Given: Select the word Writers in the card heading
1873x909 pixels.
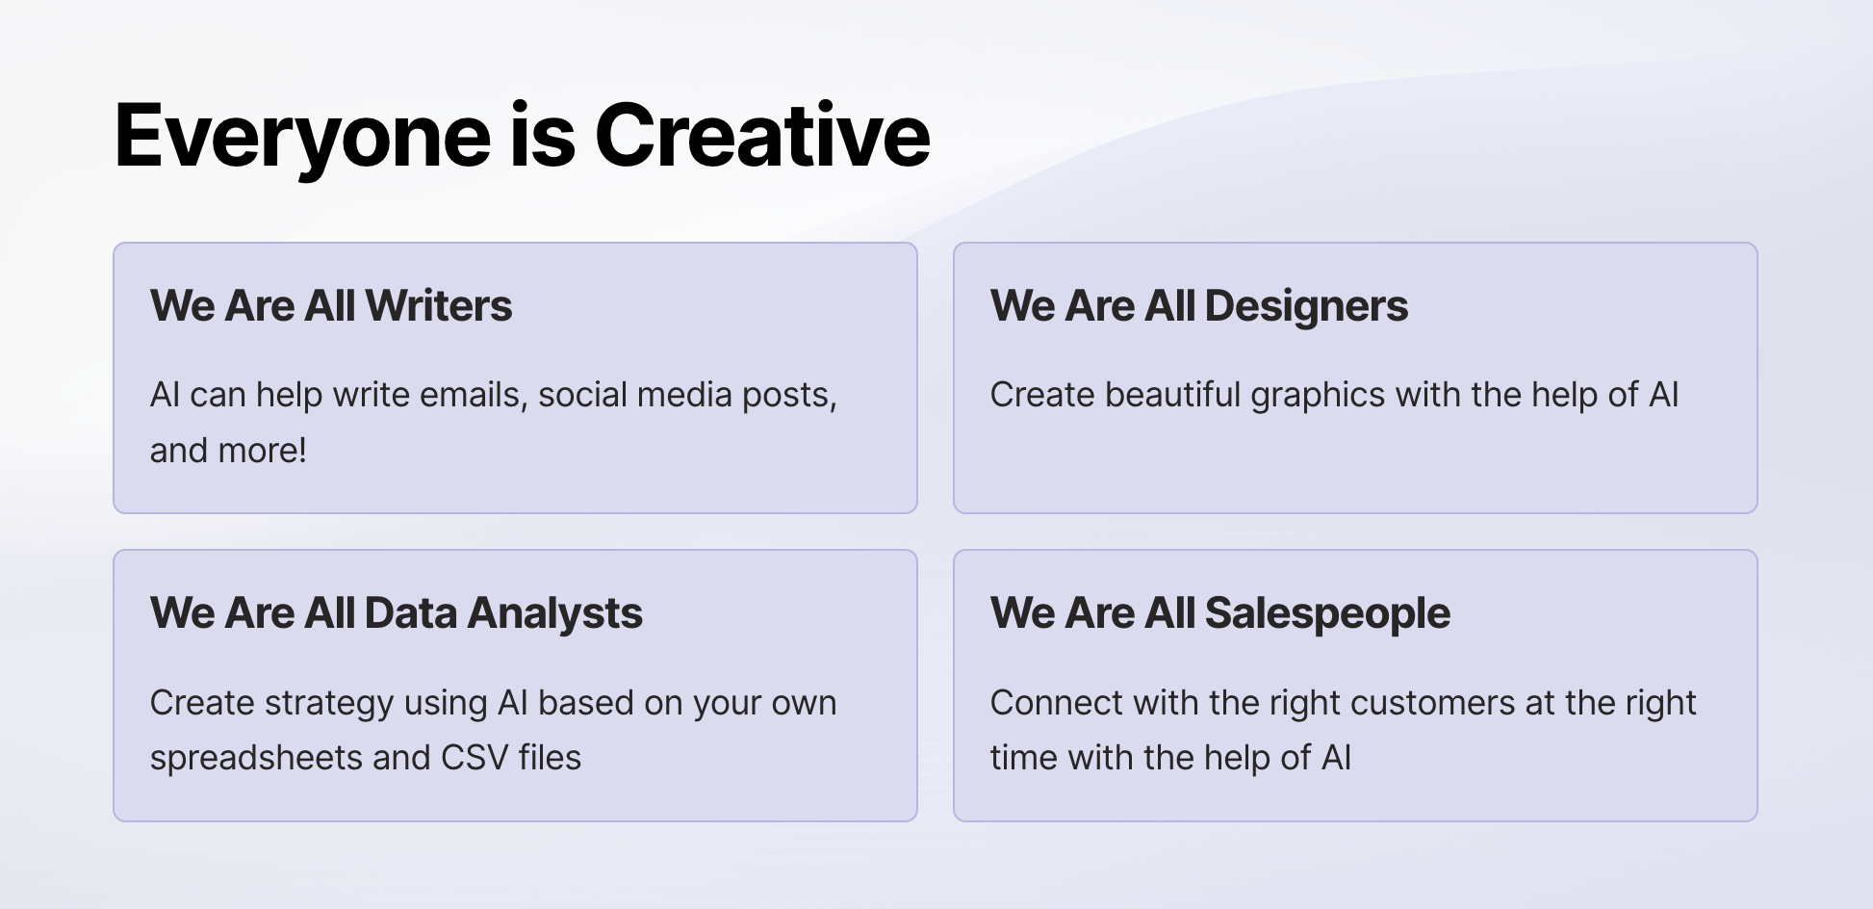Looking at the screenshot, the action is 439,305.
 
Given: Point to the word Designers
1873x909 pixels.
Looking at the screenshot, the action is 1306,307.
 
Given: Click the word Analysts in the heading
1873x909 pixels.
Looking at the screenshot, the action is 554,614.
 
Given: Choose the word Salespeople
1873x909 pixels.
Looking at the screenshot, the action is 1327,614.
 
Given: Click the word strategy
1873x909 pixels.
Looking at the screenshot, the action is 329,704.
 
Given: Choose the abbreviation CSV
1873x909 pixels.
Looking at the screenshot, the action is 475,758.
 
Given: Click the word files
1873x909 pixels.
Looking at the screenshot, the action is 550,758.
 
